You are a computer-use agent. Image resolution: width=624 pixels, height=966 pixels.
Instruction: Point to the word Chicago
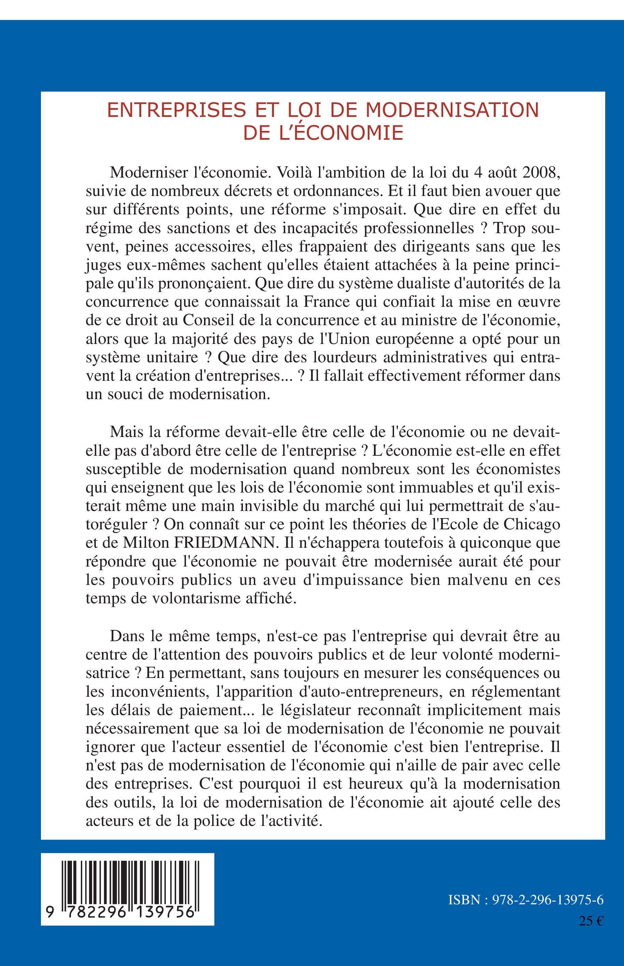pos(532,524)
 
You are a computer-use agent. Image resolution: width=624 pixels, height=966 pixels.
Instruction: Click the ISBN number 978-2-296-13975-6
pos(548,899)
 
